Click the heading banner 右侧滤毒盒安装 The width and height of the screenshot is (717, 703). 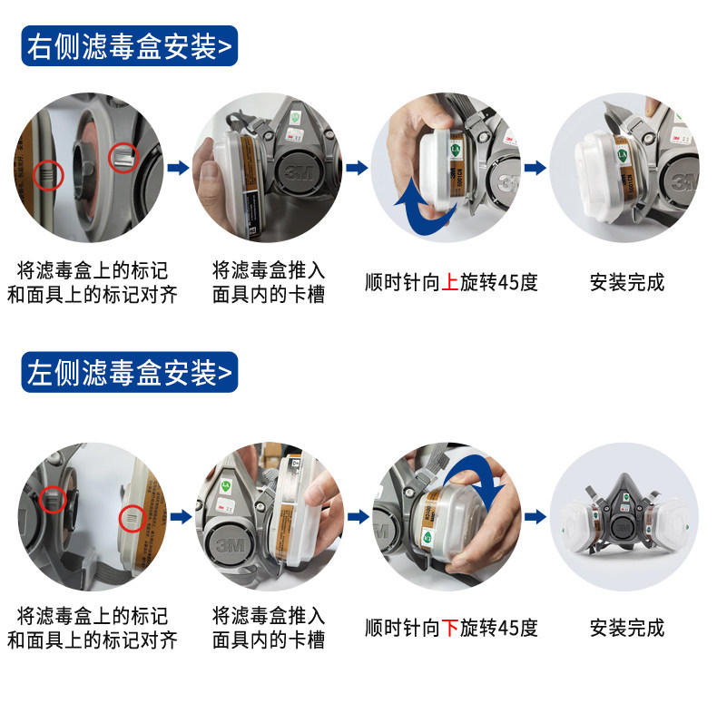[x=130, y=46]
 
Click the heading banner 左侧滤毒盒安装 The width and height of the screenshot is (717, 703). [x=130, y=372]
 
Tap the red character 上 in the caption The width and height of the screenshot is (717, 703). [x=450, y=282]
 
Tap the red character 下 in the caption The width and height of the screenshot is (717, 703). [x=450, y=628]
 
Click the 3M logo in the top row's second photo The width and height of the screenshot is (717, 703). [x=300, y=173]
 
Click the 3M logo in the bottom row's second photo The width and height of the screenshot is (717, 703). [x=230, y=546]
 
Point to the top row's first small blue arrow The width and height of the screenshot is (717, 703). [x=178, y=168]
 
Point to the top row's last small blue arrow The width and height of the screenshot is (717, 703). [x=535, y=168]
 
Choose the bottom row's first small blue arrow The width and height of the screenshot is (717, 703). [x=182, y=517]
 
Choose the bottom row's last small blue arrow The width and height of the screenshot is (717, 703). [x=535, y=517]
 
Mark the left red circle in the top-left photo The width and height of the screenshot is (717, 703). [x=34, y=175]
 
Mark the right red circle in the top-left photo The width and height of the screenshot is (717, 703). [x=109, y=158]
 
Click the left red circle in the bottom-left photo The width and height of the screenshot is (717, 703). [x=40, y=499]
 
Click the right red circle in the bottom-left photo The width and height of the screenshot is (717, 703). [x=119, y=519]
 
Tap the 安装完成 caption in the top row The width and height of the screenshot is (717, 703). [x=627, y=282]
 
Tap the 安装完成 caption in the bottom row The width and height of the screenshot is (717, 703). [x=627, y=628]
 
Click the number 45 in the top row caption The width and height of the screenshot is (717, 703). [x=507, y=282]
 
